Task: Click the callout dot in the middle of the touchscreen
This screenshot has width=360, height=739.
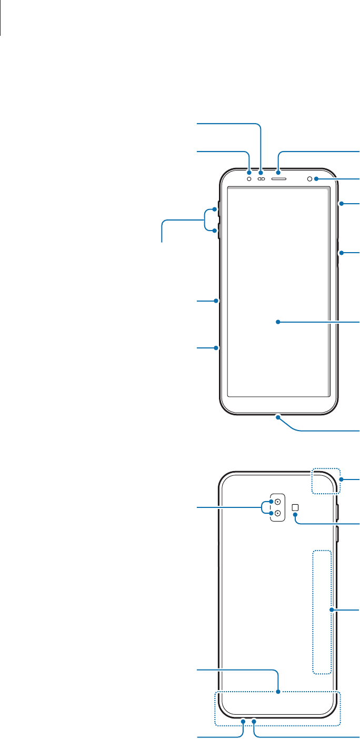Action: tap(279, 322)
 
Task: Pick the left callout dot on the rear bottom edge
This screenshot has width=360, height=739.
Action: tap(244, 720)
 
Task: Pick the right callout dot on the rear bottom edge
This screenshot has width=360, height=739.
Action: tap(254, 720)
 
